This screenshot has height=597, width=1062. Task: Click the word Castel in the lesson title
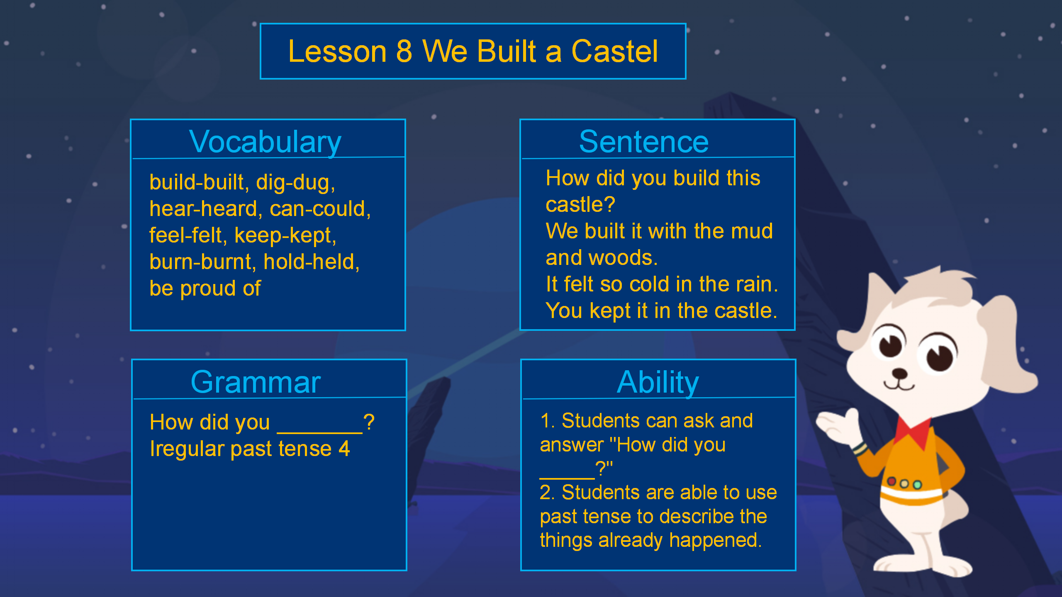pyautogui.click(x=614, y=51)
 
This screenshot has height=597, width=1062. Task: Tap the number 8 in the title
pyautogui.click(x=404, y=51)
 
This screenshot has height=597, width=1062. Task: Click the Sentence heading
pyautogui.click(x=644, y=141)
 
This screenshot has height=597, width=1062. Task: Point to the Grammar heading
pyautogui.click(x=256, y=382)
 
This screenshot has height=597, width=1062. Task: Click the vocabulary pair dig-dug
pyautogui.click(x=295, y=182)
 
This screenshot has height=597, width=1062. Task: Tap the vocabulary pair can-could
pyautogui.click(x=320, y=209)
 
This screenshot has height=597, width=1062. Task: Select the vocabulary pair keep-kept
pyautogui.click(x=285, y=235)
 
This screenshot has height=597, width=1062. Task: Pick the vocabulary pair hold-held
pyautogui.click(x=312, y=262)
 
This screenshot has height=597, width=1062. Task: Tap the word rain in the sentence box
pyautogui.click(x=757, y=284)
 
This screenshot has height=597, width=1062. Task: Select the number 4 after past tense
pyautogui.click(x=344, y=449)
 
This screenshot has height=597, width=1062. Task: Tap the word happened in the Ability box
pyautogui.click(x=715, y=541)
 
